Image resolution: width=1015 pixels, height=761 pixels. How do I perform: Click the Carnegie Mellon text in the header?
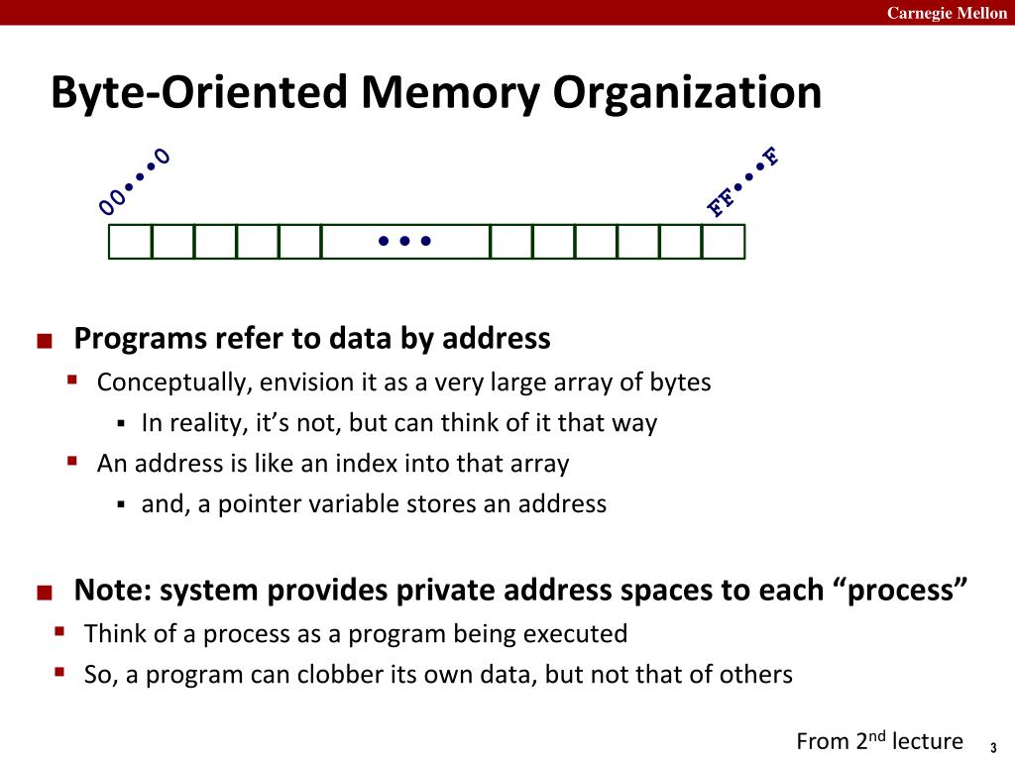tap(946, 12)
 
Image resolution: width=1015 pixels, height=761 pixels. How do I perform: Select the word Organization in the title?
tap(687, 94)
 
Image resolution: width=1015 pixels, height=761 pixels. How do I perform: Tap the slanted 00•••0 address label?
tap(134, 181)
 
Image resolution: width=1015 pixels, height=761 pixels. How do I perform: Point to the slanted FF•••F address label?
tap(742, 181)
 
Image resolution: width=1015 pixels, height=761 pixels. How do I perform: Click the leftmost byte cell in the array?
tap(130, 242)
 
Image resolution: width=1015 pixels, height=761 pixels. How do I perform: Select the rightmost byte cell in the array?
tap(724, 242)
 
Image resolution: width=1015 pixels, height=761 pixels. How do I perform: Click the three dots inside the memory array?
tap(405, 241)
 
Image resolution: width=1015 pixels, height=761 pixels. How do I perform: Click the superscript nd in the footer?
tap(877, 734)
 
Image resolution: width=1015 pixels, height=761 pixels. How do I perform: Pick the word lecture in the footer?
tap(928, 741)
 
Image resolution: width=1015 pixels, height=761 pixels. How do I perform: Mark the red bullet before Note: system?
tap(43, 593)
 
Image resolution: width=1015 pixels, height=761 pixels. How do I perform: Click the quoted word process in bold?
tap(904, 591)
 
